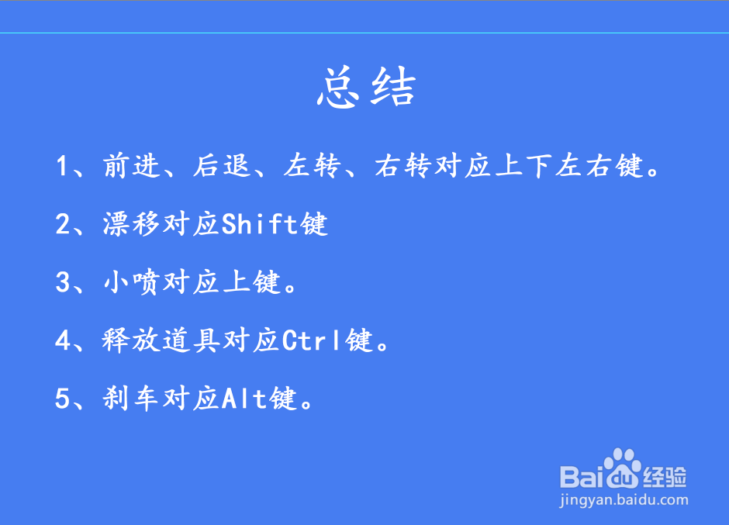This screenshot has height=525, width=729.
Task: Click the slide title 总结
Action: [x=366, y=88]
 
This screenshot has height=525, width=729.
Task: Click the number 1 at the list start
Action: [x=63, y=167]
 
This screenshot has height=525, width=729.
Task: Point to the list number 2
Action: [x=63, y=225]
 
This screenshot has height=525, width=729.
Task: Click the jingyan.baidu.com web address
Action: [x=624, y=500]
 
